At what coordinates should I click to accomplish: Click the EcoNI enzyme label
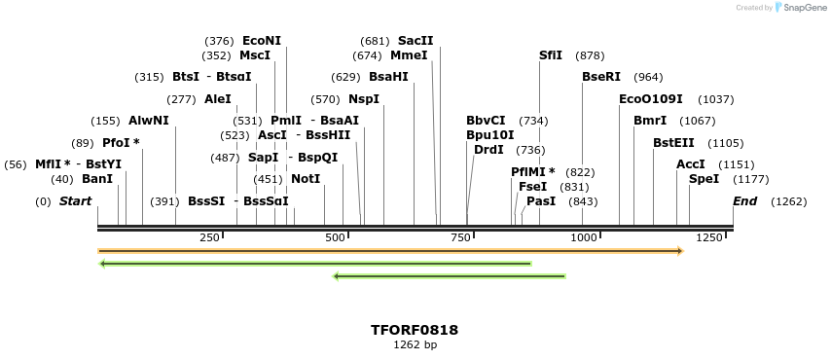pos(261,41)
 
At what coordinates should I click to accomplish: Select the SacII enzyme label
pos(415,41)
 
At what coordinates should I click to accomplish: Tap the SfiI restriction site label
pos(551,55)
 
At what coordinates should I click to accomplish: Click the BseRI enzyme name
pos(600,77)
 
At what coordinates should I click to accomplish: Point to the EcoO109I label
pos(650,99)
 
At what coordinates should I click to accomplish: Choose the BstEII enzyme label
pos(673,143)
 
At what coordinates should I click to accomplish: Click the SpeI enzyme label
pos(704,179)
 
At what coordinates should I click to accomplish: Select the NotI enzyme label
pos(305,179)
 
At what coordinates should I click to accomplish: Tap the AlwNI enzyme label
pos(148,121)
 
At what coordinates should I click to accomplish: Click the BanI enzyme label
pos(97,179)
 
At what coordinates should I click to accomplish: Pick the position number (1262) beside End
pos(788,201)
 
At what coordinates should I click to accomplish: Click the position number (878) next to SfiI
pos(590,55)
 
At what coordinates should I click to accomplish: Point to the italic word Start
pos(75,201)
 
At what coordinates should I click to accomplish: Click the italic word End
pos(744,201)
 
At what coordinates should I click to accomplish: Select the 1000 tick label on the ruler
pos(583,237)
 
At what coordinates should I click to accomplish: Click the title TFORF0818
pos(415,330)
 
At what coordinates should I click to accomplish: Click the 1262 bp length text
pos(415,344)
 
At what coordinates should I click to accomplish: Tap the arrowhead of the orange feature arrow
pos(680,251)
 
